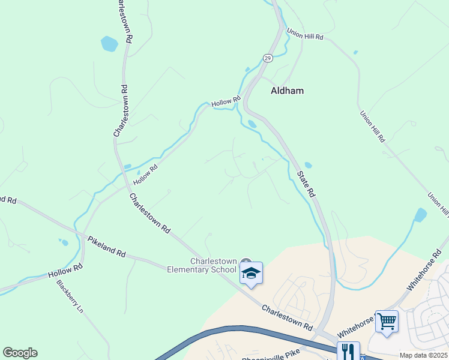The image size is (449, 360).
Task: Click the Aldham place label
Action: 287,91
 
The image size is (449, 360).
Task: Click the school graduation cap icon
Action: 251,274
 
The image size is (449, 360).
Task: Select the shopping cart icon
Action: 387,321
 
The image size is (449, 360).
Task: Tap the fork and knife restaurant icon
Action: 348,351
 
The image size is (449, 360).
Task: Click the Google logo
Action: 20,353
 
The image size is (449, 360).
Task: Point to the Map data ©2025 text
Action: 423,355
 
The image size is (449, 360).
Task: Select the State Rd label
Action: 306,184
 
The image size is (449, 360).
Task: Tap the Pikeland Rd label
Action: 106,247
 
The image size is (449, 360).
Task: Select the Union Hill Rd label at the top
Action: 305,34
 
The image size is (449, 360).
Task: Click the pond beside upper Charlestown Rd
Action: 109,44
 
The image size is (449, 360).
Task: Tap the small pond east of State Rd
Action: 308,165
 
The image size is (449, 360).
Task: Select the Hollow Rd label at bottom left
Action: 65,271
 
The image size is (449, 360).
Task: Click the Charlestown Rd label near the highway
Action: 288,317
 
